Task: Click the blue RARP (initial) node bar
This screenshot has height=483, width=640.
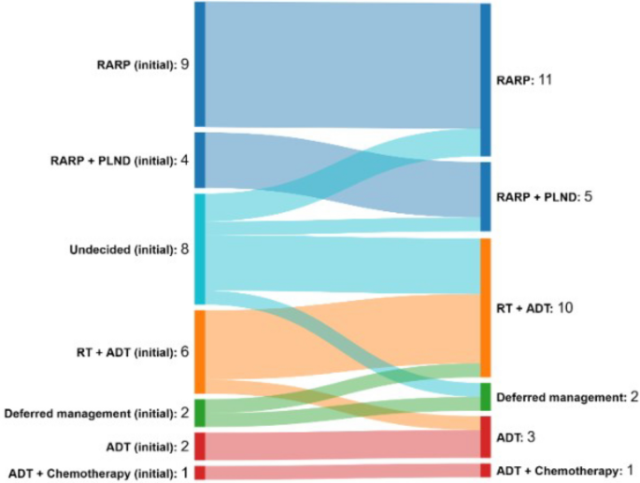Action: (x=200, y=64)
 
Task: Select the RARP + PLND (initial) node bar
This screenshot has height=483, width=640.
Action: (x=200, y=160)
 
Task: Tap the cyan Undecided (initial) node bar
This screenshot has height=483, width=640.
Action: (x=200, y=249)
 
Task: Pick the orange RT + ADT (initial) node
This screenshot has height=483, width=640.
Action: (x=200, y=351)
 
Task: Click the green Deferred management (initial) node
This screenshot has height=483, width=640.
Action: (x=200, y=413)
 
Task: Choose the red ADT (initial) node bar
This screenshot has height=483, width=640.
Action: (x=200, y=446)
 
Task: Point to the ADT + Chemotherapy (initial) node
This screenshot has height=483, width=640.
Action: (x=200, y=472)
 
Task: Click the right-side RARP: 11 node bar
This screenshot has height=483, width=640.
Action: (x=485, y=80)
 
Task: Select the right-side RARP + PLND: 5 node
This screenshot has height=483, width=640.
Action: (x=485, y=196)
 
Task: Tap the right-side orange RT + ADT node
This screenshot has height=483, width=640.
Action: (x=485, y=307)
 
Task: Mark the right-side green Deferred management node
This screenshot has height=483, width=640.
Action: (x=485, y=396)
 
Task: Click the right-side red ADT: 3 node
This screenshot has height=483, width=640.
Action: (x=485, y=436)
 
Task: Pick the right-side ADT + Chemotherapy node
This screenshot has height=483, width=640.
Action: (x=485, y=469)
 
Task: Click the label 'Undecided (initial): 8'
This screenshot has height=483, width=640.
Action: (x=129, y=249)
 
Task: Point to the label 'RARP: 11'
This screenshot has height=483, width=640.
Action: (x=525, y=81)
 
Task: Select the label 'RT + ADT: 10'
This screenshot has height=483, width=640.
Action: (x=533, y=307)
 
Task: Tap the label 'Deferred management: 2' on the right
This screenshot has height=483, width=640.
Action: (x=567, y=397)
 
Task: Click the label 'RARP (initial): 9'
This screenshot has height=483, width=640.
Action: (x=142, y=64)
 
